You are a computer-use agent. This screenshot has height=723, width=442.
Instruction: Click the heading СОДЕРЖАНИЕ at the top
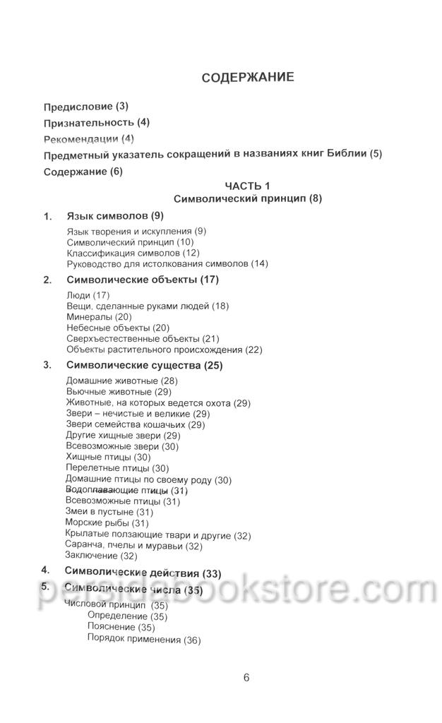247,77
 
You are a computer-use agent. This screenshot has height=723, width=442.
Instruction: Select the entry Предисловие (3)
86,107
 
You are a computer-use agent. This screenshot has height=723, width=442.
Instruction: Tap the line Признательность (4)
97,122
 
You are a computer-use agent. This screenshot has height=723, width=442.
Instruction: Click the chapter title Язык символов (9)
115,215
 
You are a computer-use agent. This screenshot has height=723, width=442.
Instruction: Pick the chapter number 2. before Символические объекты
47,280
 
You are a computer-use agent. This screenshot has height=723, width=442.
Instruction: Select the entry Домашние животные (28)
121,381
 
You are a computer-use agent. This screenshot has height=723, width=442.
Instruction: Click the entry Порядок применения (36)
144,640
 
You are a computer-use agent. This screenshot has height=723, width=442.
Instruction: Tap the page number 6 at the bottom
246,678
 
